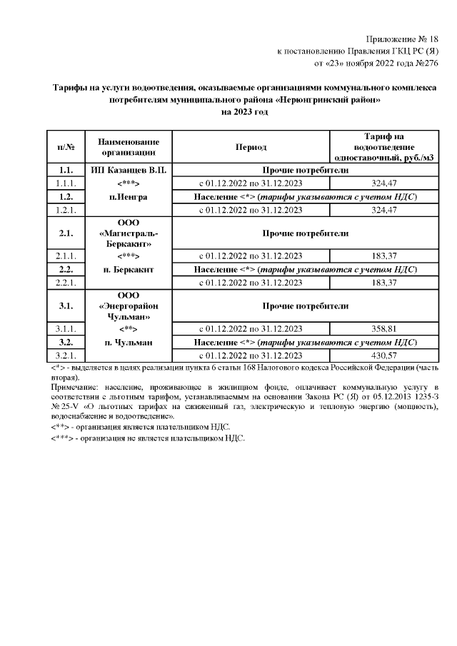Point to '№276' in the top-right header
424,64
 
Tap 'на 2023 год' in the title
244,112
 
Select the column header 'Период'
251,147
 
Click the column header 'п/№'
66,147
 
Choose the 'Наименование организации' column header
129,147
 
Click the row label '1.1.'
66,171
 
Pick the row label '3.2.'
66,343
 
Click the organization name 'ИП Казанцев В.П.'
129,171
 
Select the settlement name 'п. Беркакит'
129,270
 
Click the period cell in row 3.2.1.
251,355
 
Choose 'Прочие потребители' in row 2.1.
305,233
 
